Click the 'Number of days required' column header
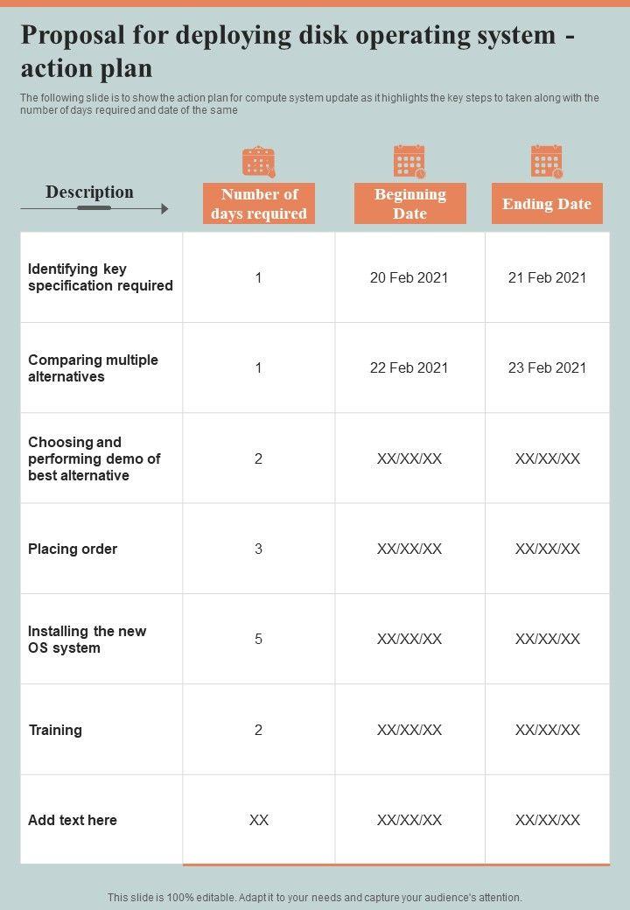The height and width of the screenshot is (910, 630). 259,204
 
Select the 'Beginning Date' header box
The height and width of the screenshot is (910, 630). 409,204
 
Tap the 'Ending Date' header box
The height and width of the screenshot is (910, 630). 547,204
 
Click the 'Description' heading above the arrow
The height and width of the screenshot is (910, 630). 89,192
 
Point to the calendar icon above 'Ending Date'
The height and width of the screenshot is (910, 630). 547,162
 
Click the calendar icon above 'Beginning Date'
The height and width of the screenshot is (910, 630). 409,162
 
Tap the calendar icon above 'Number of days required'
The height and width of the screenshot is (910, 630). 259,162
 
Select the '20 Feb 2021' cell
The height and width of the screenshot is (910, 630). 409,277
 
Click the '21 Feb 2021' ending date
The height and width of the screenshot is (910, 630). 547,277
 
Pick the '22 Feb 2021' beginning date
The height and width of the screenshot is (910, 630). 409,367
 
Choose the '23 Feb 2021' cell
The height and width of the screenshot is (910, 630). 547,367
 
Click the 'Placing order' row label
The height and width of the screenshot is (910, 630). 73,549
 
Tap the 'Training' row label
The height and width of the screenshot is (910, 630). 55,730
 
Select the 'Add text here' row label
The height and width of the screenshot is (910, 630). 73,820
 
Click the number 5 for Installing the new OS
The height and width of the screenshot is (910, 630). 258,639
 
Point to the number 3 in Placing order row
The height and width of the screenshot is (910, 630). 258,549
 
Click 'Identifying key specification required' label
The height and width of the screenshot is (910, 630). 101,277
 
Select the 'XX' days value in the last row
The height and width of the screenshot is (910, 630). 258,820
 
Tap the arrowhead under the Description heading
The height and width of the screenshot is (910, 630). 164,209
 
